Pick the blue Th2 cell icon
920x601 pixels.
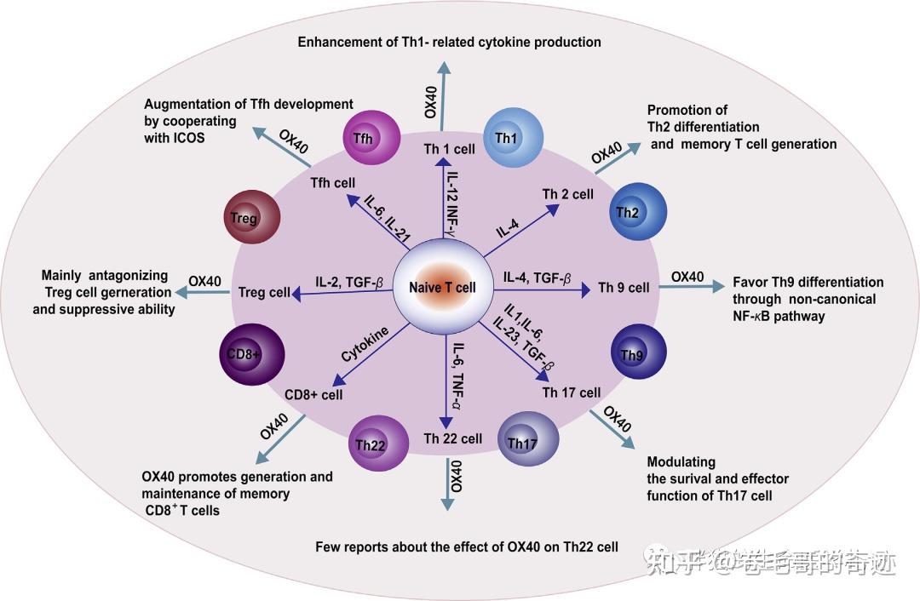pyautogui.click(x=631, y=212)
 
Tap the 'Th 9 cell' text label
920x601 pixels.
pyautogui.click(x=624, y=288)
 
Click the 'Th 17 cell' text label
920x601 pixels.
pyautogui.click(x=572, y=392)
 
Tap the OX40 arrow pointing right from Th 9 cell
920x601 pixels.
pyautogui.click(x=689, y=287)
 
